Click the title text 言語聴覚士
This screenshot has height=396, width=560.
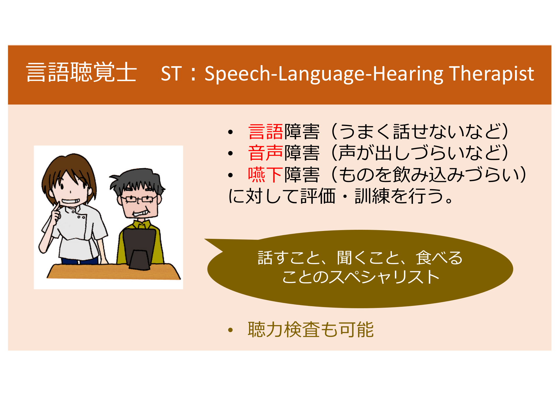[x=81, y=72]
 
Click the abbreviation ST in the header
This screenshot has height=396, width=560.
[x=171, y=73]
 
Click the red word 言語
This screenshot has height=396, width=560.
[x=266, y=132]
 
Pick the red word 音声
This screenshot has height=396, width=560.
[x=266, y=153]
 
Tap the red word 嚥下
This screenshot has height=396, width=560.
[x=266, y=175]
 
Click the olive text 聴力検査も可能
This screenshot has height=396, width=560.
[x=311, y=330]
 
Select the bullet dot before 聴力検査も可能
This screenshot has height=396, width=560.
[x=231, y=330]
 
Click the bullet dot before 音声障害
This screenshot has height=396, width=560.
[x=231, y=153]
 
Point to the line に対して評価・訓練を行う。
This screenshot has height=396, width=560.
[x=341, y=196]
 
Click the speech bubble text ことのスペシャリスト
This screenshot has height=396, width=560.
[x=361, y=276]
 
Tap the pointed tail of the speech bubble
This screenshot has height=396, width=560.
[x=205, y=239]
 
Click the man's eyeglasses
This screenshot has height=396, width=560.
[x=139, y=199]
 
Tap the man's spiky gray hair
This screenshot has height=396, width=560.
[x=137, y=181]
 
